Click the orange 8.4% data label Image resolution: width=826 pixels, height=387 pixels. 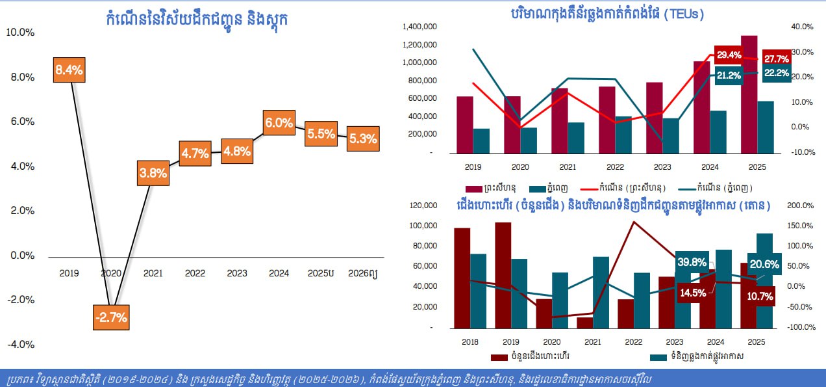(x=69, y=70)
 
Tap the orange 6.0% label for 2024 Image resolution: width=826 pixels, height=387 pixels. (x=279, y=122)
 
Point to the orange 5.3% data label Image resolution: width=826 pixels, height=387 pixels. (x=362, y=139)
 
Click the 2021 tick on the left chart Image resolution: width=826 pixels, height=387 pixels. (x=153, y=273)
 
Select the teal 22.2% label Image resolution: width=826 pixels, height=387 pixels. (x=776, y=73)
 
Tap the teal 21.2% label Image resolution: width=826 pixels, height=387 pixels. (x=729, y=75)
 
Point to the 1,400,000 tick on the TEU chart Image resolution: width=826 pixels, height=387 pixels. (x=419, y=27)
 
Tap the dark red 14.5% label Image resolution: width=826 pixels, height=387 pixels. (x=693, y=293)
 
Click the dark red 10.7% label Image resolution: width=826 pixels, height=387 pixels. (x=759, y=296)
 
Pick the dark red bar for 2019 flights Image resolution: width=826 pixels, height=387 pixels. (x=503, y=274)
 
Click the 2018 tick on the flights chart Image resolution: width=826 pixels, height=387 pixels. (x=469, y=341)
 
